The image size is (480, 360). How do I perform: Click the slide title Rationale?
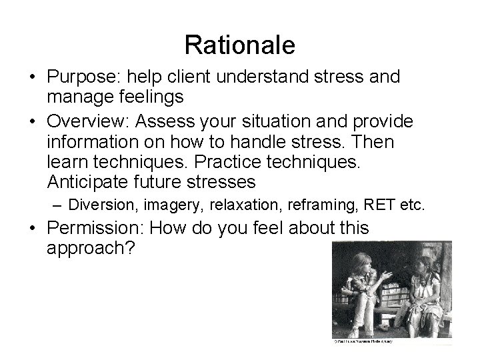(x=239, y=45)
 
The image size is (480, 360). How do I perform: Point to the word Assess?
(x=186, y=122)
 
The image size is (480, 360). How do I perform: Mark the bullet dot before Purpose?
(x=32, y=77)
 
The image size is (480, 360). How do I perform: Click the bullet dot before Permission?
(x=32, y=229)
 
